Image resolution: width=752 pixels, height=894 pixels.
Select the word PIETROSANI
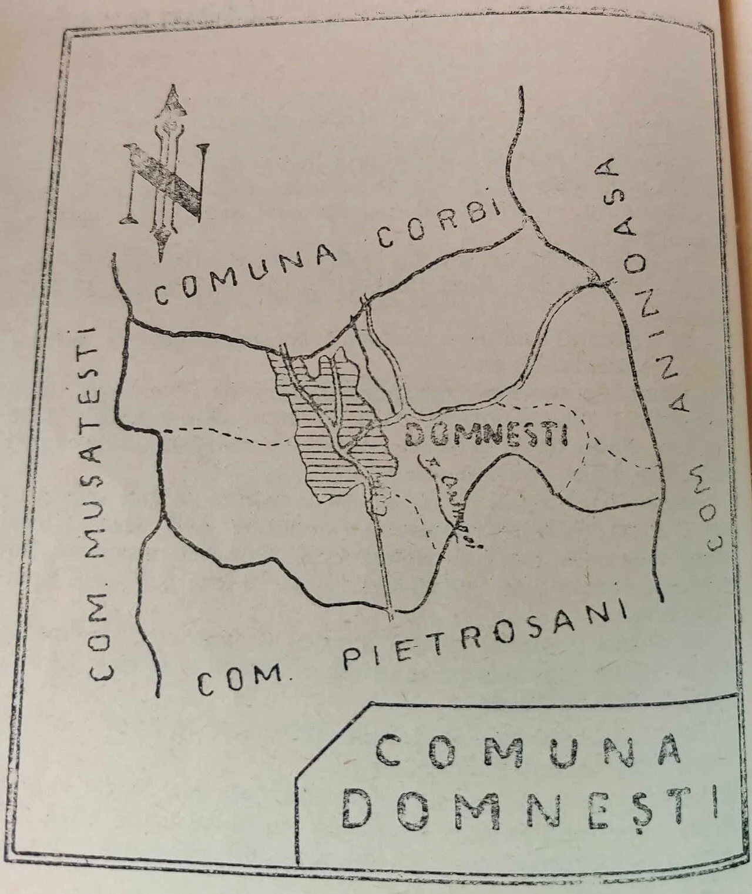point(483,641)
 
